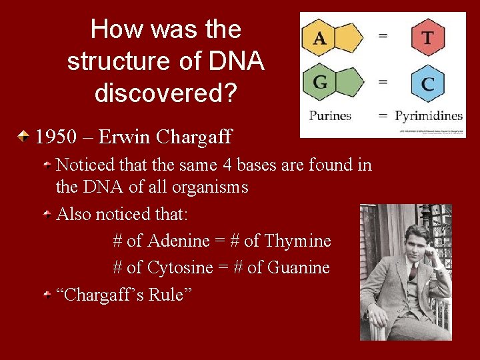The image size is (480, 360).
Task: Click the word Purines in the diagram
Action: (x=330, y=115)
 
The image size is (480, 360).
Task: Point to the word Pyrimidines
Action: (x=429, y=115)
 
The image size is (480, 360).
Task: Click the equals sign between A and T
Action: (x=383, y=37)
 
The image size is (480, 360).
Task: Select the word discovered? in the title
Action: (x=165, y=93)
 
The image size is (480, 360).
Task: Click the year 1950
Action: (x=54, y=137)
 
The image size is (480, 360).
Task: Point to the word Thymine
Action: (x=299, y=241)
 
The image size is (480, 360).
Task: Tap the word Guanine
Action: (x=298, y=267)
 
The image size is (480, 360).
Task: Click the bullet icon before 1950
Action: (x=24, y=137)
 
